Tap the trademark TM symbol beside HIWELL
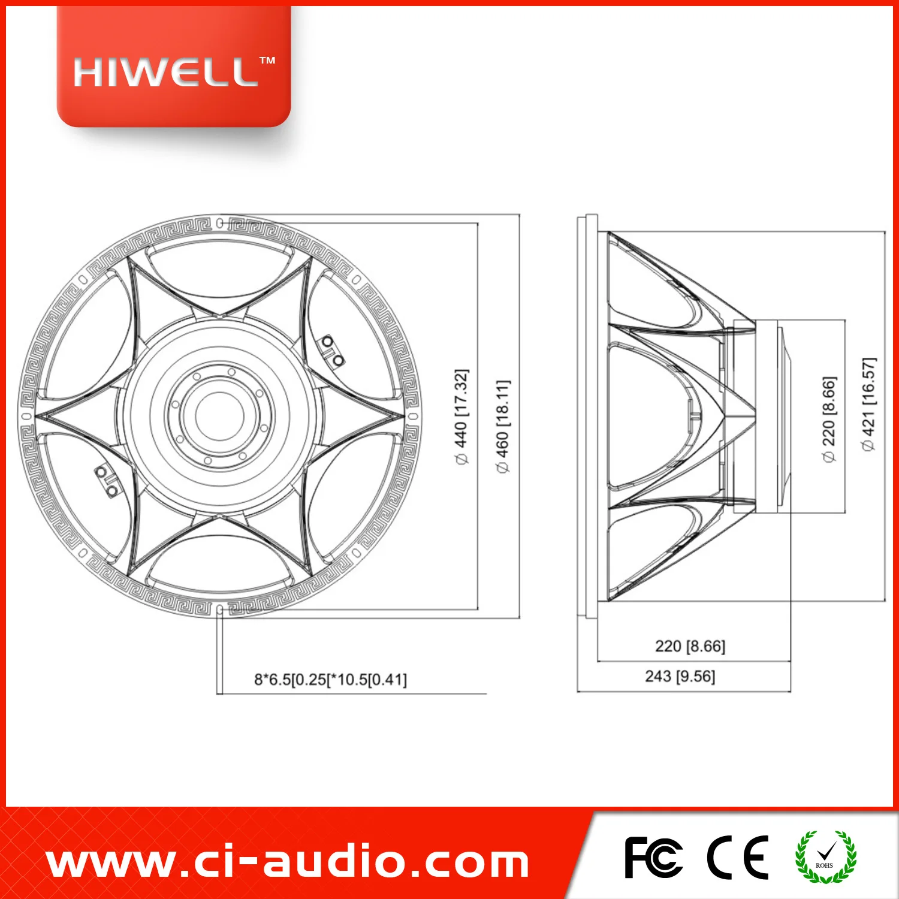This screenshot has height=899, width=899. click(x=267, y=61)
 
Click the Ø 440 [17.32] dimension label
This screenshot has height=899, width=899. click(x=461, y=417)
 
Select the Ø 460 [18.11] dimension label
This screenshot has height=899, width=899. click(x=503, y=426)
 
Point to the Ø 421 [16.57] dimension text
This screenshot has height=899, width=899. click(x=868, y=405)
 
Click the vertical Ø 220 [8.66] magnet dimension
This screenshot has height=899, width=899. click(x=828, y=419)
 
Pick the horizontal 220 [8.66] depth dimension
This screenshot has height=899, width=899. click(x=690, y=646)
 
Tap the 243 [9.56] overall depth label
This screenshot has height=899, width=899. click(x=680, y=676)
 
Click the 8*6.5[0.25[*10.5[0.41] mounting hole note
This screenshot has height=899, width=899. click(x=330, y=680)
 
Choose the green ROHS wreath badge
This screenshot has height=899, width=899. click(x=825, y=857)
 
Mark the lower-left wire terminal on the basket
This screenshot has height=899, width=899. click(x=107, y=482)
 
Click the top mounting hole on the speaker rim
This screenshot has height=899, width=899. click(x=220, y=223)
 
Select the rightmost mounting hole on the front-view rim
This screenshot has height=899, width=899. click(x=413, y=416)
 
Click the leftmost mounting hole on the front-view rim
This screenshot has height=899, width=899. click(x=26, y=416)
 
